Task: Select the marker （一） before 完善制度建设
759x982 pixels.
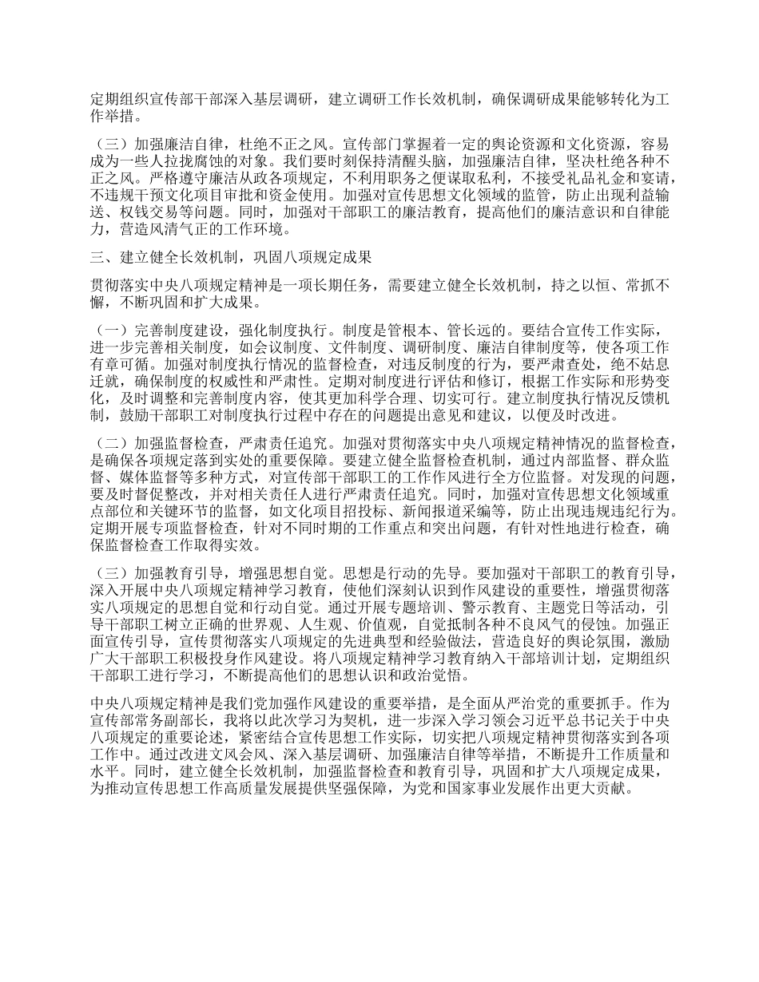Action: (x=106, y=331)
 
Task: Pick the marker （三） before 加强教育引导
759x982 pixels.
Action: (x=106, y=572)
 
